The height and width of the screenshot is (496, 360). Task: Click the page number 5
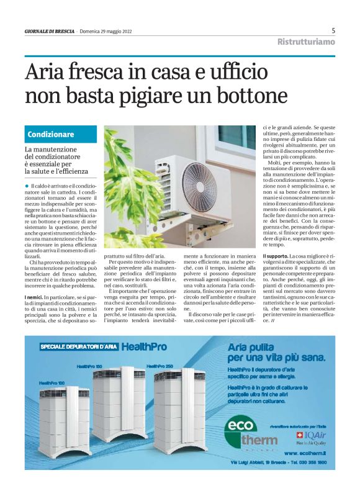pos(333,30)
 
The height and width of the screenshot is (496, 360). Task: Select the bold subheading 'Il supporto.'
pos(275,256)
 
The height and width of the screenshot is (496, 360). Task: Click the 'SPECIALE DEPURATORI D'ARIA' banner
pos(78,347)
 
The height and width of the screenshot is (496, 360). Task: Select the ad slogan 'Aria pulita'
pos(251,346)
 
